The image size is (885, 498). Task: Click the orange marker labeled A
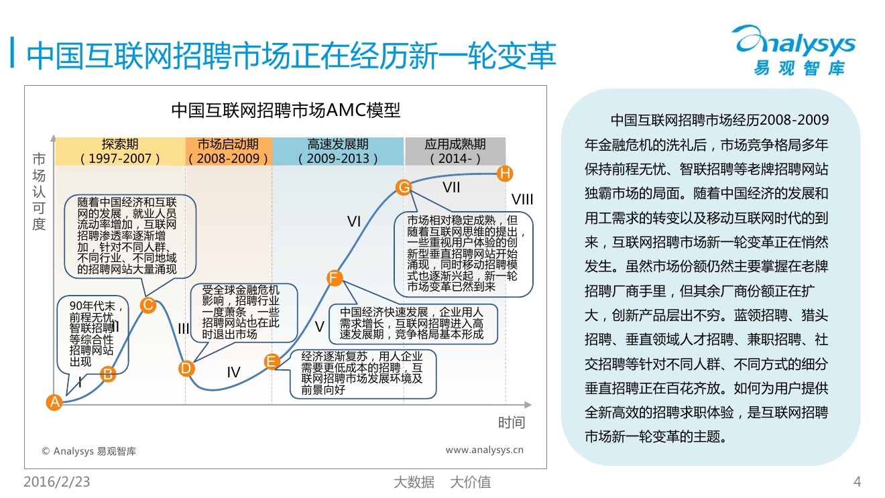54,402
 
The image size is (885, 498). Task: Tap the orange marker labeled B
108,374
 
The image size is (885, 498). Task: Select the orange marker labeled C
148,305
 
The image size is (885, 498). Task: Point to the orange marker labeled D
186,368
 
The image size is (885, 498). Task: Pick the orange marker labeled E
272,362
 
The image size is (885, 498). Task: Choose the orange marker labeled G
404,188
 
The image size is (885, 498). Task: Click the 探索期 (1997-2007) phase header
120,151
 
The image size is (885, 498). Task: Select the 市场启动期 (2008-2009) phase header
229,151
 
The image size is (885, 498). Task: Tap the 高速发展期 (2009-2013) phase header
338,151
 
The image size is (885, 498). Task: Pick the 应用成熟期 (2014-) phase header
455,151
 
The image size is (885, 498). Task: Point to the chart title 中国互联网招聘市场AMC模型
286,110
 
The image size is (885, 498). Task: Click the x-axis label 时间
511,422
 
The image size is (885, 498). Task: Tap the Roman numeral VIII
522,199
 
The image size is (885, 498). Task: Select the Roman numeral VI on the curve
354,221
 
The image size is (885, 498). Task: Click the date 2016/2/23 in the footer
57,482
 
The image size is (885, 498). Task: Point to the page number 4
857,482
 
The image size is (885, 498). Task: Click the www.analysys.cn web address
485,450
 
